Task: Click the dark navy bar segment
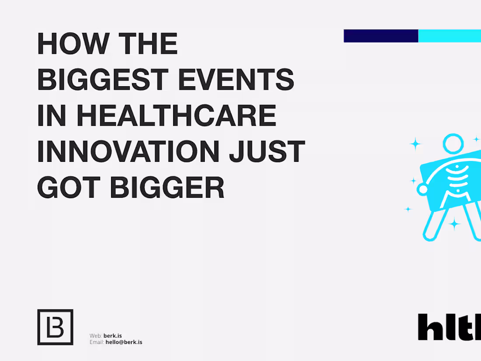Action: pyautogui.click(x=381, y=36)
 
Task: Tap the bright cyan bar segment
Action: pyautogui.click(x=450, y=36)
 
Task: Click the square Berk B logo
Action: pyautogui.click(x=55, y=327)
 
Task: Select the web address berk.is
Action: pyautogui.click(x=113, y=336)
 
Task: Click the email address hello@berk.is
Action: pyautogui.click(x=124, y=342)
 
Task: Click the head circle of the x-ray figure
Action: pyautogui.click(x=453, y=143)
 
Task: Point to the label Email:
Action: pyautogui.click(x=97, y=342)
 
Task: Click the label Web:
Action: pyautogui.click(x=96, y=336)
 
